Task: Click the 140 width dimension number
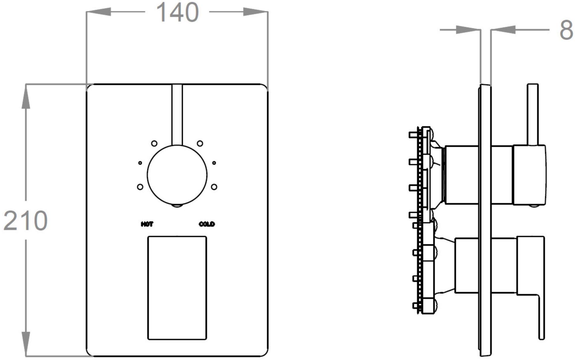[x=177, y=13]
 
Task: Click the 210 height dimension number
[x=25, y=220]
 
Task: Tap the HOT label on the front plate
[x=147, y=224]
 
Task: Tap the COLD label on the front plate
[x=207, y=224]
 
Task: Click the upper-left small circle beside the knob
[x=154, y=143]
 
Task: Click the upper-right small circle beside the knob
[x=200, y=143]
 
